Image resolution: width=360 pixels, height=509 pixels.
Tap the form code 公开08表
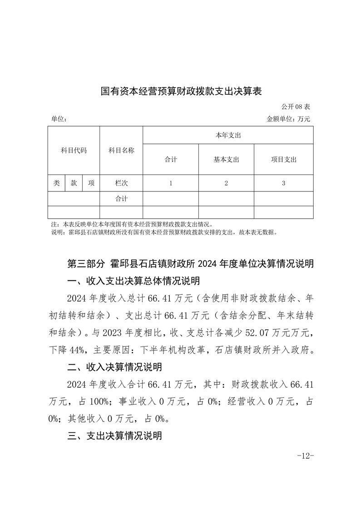tap(295, 107)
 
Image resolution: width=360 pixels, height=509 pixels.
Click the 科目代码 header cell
tap(74, 150)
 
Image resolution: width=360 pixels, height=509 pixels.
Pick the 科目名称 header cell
tap(121, 150)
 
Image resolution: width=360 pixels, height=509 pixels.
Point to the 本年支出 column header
tap(228, 135)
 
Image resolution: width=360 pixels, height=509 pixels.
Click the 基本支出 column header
tap(226, 159)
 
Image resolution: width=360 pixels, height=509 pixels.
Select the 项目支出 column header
tap(283, 159)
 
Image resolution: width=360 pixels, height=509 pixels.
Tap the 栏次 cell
tap(121, 183)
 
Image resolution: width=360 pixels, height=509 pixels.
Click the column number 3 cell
tap(283, 183)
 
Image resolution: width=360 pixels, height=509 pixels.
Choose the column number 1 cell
tap(170, 183)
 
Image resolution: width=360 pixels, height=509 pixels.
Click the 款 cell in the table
tap(74, 183)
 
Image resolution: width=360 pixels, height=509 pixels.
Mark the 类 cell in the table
tap(56, 183)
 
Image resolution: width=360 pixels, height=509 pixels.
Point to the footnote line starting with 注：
tap(132, 224)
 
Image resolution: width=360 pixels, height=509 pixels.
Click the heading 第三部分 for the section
tap(86, 264)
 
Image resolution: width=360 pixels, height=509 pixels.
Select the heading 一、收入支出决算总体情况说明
tap(133, 281)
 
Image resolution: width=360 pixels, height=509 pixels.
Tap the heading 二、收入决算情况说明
tap(114, 366)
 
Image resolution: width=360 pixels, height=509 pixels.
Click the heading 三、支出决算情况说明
tap(114, 436)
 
